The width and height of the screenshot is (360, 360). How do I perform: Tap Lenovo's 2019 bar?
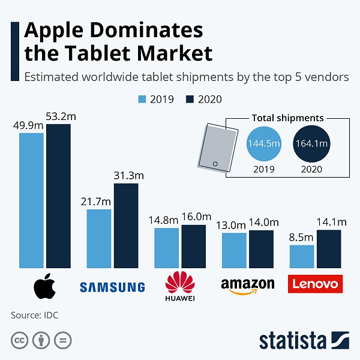click(302, 256)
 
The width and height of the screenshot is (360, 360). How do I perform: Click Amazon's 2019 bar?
click(234, 250)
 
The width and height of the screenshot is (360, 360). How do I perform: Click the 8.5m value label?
click(302, 238)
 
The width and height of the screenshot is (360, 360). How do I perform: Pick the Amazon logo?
click(247, 286)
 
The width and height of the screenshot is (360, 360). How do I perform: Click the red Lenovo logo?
click(315, 284)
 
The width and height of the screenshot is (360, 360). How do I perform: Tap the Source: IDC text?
click(35, 314)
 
